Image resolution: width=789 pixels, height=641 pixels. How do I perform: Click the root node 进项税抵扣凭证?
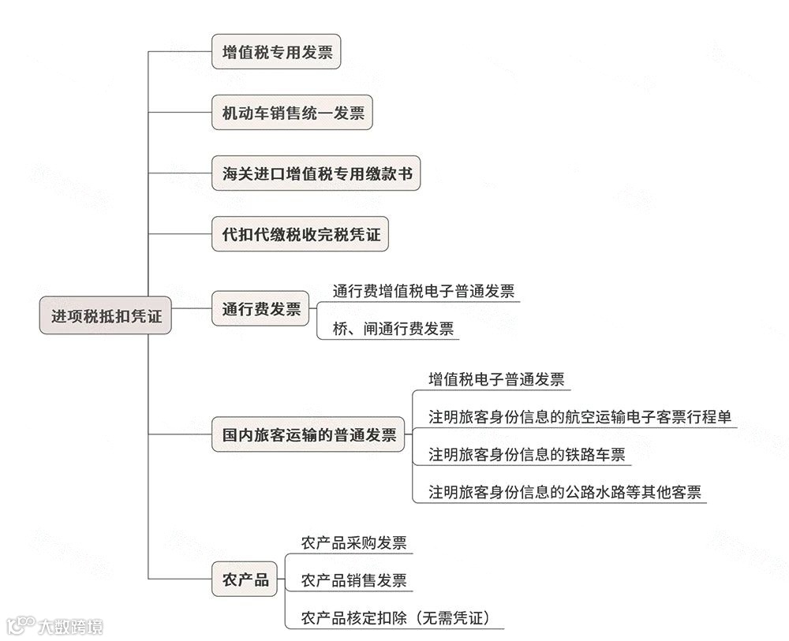(106, 316)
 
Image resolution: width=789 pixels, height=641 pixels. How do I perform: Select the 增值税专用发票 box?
(276, 52)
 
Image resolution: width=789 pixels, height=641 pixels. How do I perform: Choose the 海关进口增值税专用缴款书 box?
(316, 173)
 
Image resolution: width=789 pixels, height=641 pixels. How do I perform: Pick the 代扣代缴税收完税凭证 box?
(300, 234)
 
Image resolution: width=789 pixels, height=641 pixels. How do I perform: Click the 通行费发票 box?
(260, 309)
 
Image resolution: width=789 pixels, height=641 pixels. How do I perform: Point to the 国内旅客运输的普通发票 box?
(308, 434)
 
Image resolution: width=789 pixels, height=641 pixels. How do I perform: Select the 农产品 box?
(245, 580)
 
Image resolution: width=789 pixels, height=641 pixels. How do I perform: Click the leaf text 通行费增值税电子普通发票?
(417, 291)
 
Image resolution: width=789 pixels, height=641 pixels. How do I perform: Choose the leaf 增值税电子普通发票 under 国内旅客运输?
(496, 379)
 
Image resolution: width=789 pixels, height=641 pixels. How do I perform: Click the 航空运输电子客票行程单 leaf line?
(581, 417)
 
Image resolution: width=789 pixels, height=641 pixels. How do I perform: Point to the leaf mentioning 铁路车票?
(526, 454)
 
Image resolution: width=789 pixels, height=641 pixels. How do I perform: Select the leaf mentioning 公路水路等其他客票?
(564, 493)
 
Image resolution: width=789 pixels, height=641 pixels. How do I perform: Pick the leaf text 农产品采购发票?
(353, 543)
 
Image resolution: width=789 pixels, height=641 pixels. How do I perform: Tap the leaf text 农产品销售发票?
(353, 581)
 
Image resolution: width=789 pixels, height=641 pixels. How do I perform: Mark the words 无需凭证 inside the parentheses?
(453, 618)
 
